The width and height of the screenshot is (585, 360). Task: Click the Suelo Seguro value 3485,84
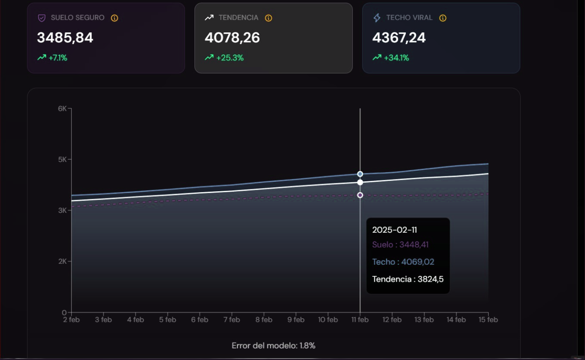pyautogui.click(x=65, y=38)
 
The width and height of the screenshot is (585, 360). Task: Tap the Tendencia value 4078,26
pyautogui.click(x=232, y=38)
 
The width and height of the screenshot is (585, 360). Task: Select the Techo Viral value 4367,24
pyautogui.click(x=399, y=38)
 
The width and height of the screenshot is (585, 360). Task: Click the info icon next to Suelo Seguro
pyautogui.click(x=114, y=18)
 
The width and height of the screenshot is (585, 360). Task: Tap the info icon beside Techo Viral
pyautogui.click(x=443, y=18)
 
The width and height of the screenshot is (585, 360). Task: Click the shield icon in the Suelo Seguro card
pyautogui.click(x=41, y=18)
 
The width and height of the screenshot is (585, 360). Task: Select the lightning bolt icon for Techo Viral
pyautogui.click(x=377, y=18)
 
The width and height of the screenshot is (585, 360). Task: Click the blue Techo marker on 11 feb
pyautogui.click(x=360, y=174)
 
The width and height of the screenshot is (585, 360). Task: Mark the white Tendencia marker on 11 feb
pyautogui.click(x=360, y=182)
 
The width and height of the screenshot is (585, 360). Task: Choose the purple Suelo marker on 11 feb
pyautogui.click(x=360, y=195)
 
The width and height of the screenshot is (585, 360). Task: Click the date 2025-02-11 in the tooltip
pyautogui.click(x=394, y=230)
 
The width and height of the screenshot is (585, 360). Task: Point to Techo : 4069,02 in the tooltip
pyautogui.click(x=403, y=262)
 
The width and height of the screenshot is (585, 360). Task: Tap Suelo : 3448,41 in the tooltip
pyautogui.click(x=400, y=245)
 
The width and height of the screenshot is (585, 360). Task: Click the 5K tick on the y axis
pyautogui.click(x=62, y=159)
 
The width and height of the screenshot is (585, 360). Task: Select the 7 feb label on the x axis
pyautogui.click(x=231, y=320)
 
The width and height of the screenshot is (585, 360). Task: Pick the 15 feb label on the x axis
pyautogui.click(x=488, y=320)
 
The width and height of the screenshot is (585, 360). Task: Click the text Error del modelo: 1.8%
pyautogui.click(x=273, y=346)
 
